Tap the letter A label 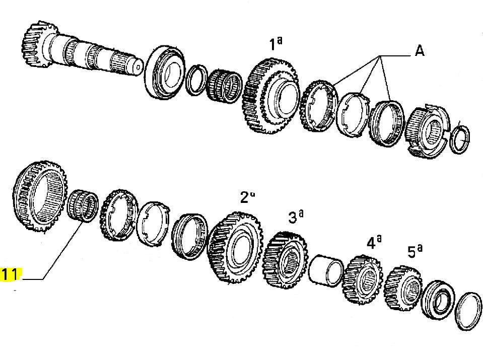[x=419, y=51]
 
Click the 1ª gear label [x=275, y=45]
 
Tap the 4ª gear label [x=373, y=243]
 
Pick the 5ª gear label [x=414, y=251]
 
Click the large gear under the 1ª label [x=269, y=96]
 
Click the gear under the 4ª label [x=363, y=280]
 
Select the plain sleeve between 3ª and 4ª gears [x=326, y=271]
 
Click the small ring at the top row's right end [x=459, y=138]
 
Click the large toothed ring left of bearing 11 [x=40, y=198]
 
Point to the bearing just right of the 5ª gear [x=437, y=300]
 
